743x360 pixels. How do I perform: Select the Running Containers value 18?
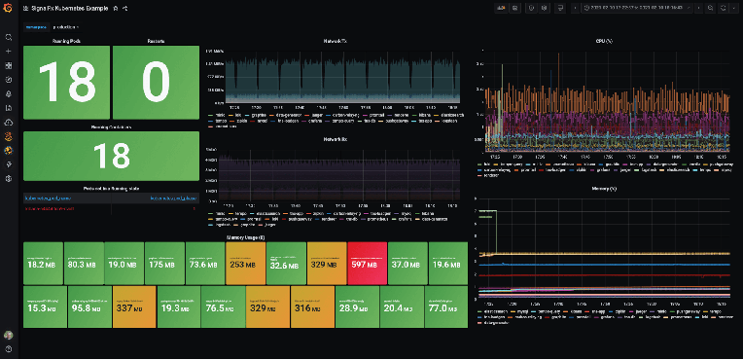coord(111,156)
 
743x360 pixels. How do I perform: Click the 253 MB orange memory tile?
coord(242,264)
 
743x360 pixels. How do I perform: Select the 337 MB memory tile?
coord(130,307)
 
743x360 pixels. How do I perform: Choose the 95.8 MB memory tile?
coord(86,307)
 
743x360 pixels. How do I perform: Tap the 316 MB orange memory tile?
coord(308,307)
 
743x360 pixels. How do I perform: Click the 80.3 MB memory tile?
coord(83,264)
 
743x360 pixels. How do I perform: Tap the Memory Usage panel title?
coord(243,236)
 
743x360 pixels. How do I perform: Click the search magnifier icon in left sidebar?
coord(9,38)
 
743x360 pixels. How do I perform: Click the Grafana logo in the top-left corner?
coord(9,8)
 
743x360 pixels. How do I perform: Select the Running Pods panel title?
coord(65,43)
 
